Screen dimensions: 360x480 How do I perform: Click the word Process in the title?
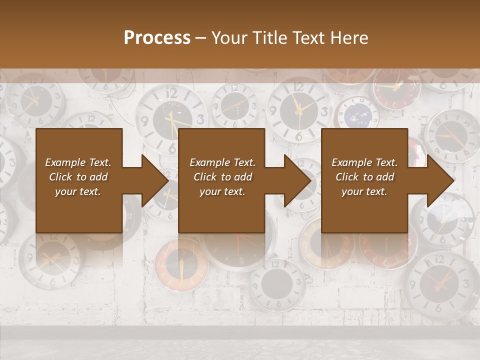tap(157, 38)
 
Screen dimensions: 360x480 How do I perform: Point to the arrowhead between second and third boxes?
tap(298, 180)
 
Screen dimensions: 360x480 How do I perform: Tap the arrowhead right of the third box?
tap(441, 180)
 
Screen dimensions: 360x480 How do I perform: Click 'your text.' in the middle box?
tap(222, 191)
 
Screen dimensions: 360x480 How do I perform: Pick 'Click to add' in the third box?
tap(364, 177)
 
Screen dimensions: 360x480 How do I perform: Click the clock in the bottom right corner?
tap(440, 285)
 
